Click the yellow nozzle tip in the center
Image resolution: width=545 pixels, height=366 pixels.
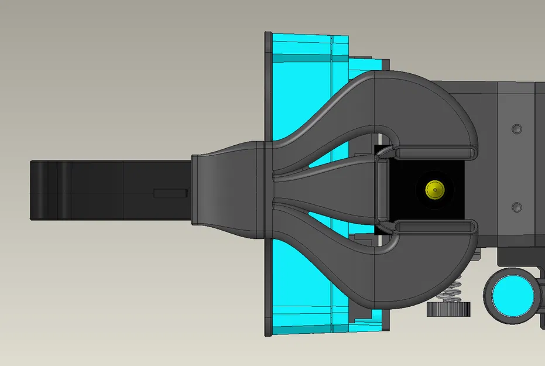[434, 189]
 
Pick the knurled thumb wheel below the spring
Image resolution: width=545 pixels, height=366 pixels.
[449, 309]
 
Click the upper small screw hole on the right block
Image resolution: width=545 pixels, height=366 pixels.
[516, 128]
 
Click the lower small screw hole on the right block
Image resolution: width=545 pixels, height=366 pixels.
[516, 207]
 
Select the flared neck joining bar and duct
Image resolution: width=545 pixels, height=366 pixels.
[225, 189]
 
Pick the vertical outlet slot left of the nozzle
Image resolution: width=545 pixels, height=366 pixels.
[382, 189]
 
